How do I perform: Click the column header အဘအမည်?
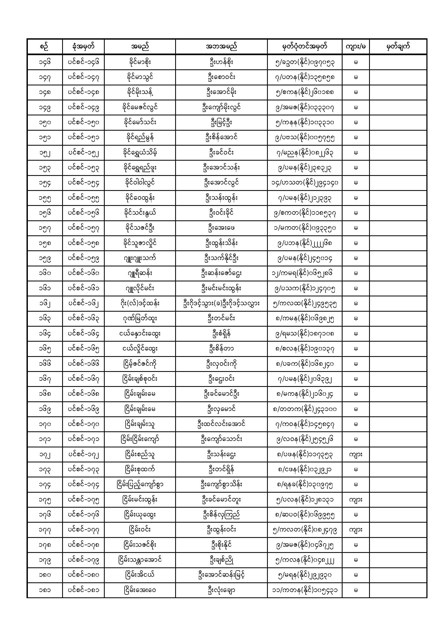coord(221,47)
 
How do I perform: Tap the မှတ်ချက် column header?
coord(398,47)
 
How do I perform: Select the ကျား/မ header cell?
coord(356,47)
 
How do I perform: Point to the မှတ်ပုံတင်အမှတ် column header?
coord(305,47)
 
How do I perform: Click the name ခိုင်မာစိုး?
coord(140,62)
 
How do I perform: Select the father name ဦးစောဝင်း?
coord(221,77)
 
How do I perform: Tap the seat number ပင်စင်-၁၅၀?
coord(84,122)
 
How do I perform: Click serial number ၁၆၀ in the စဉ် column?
coord(45,273)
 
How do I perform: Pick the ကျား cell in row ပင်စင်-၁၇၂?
coord(356,454)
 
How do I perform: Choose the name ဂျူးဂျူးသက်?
coord(140,258)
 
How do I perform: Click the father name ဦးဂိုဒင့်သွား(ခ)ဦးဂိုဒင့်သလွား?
coord(221,303)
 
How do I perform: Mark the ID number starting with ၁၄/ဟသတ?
coord(305,183)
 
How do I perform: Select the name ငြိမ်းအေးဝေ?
coord(140,590)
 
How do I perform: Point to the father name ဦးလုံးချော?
coord(221,590)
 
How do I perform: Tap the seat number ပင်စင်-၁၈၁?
coord(84,590)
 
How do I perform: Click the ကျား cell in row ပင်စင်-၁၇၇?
coord(356,530)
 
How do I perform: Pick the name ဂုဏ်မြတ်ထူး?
coord(140,318)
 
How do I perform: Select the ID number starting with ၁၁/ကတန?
coord(305,590)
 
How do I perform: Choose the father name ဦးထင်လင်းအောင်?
coord(221,424)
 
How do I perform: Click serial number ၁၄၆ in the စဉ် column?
coord(45,62)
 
